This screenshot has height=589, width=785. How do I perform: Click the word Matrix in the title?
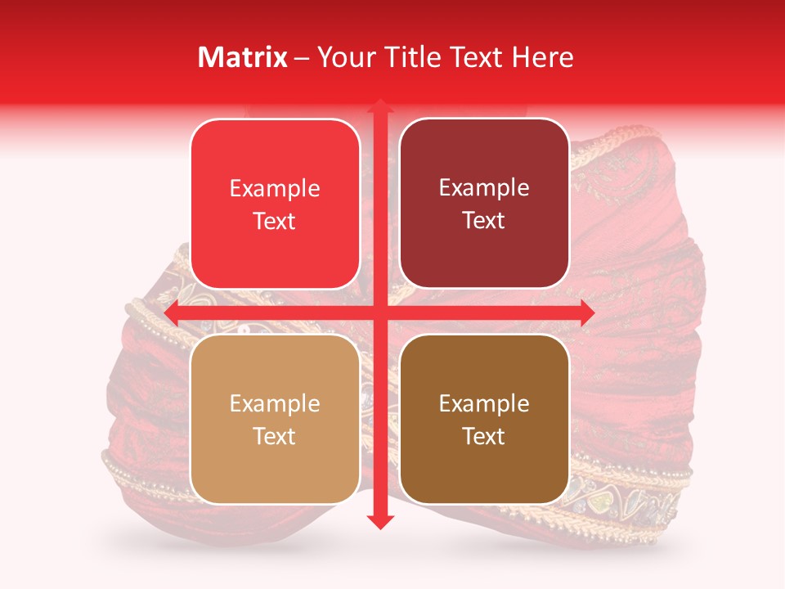point(243,57)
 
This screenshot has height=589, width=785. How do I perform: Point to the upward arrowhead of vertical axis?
point(379,107)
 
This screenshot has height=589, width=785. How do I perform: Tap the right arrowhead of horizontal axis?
point(586,312)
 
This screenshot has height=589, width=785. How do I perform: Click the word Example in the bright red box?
point(275,189)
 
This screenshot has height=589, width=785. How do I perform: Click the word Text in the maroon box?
point(484,221)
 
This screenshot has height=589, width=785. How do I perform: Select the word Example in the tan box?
point(275,404)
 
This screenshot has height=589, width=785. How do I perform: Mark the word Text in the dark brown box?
point(484,437)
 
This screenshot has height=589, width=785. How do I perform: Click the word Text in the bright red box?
point(275,221)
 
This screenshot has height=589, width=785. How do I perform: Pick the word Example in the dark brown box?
point(484,404)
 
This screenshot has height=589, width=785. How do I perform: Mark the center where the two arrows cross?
point(379,312)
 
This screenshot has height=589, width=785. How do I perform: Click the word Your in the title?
point(345,57)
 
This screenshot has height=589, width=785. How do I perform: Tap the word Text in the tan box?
point(275,437)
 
